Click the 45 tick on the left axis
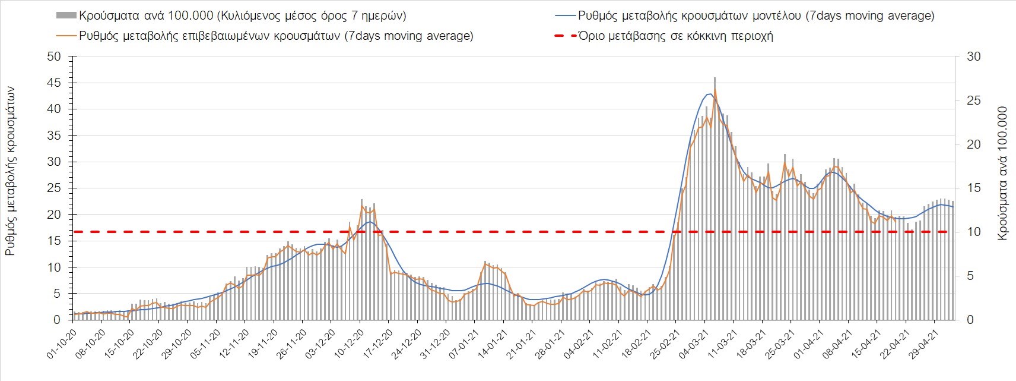[x=55, y=83]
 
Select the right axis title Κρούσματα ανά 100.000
[x=1002, y=173]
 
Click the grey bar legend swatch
[x=66, y=15]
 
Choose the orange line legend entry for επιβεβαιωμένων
[x=276, y=36]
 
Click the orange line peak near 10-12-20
[x=362, y=206]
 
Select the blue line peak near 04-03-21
[x=710, y=94]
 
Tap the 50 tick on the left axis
[x=55, y=56]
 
